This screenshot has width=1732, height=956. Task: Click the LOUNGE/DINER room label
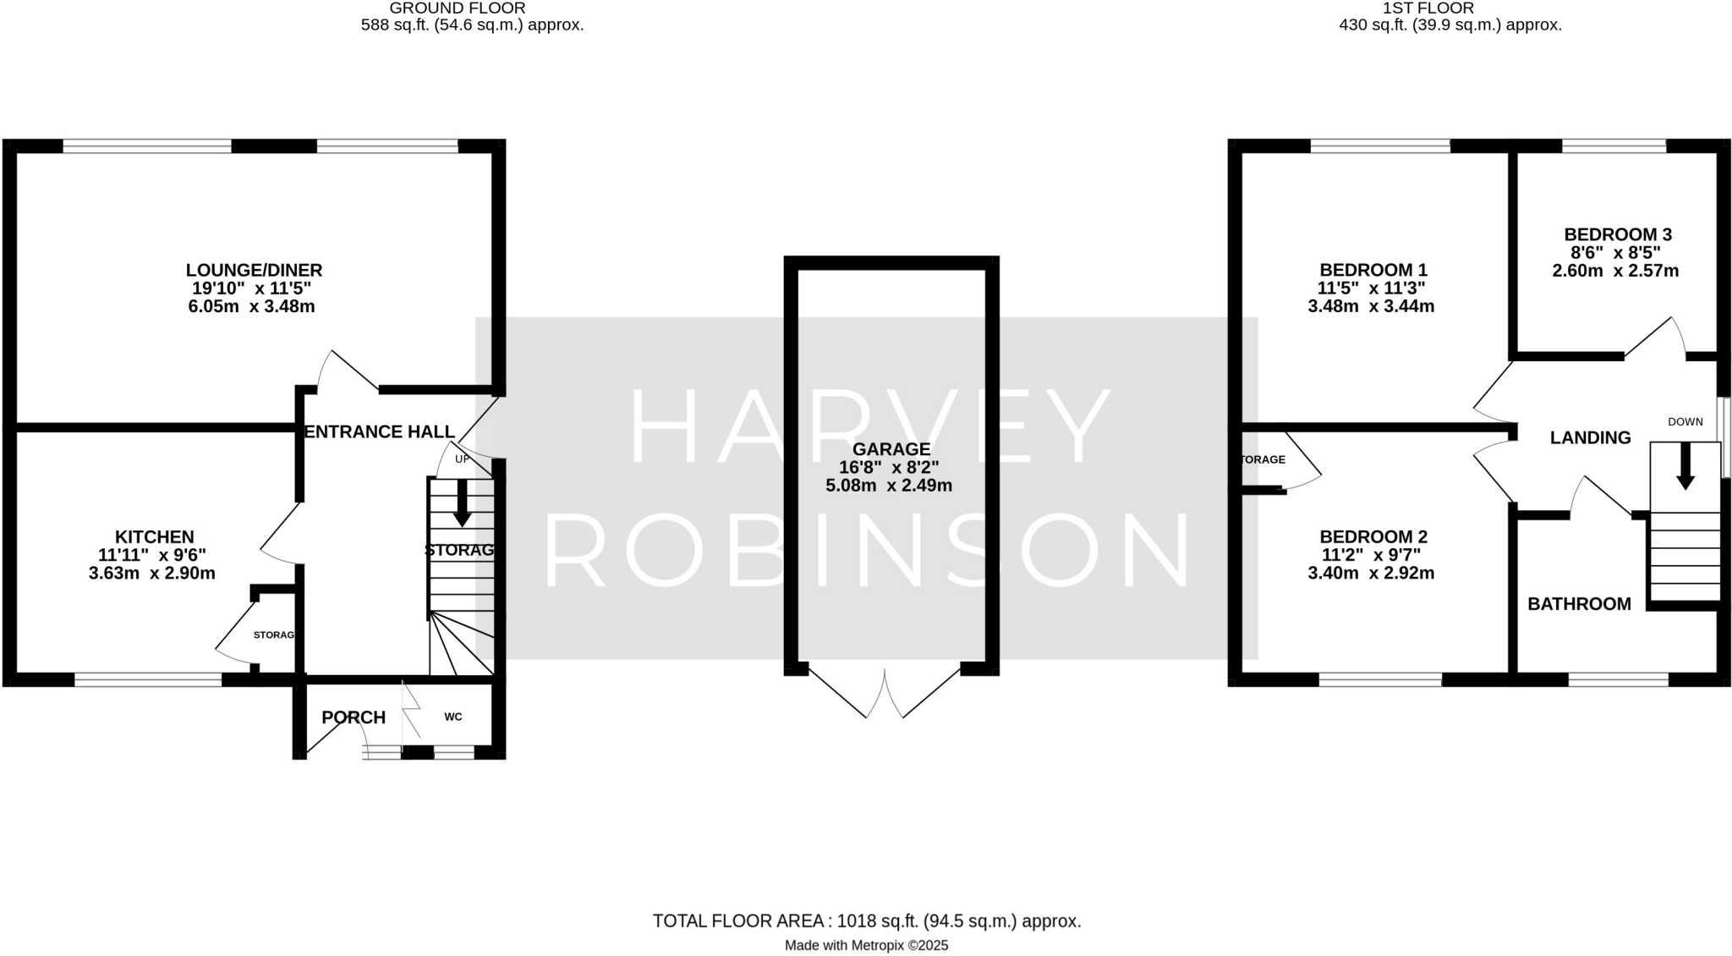[x=254, y=270]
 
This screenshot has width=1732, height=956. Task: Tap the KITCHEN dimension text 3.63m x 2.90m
[x=152, y=574]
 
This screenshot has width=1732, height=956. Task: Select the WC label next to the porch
[x=453, y=717]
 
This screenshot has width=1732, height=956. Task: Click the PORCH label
[x=354, y=717]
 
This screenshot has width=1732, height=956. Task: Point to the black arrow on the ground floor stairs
[x=462, y=504]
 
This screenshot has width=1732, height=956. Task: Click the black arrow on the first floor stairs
[x=1685, y=467]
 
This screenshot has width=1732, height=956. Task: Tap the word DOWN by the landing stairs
[x=1685, y=421]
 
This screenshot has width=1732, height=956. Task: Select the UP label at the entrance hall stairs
[x=462, y=459]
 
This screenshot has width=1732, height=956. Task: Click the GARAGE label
[x=891, y=449]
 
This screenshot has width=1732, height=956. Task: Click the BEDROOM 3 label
[x=1617, y=234]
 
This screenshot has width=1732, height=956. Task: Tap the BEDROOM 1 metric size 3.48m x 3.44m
[x=1371, y=306]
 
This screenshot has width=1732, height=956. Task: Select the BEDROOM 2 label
[x=1373, y=536]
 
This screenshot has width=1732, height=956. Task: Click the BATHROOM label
[x=1578, y=604]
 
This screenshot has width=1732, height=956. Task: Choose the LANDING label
[x=1590, y=437]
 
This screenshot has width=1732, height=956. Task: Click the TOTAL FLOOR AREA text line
[x=866, y=921]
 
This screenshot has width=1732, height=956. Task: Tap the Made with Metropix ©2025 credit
[x=866, y=946]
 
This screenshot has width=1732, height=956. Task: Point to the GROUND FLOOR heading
[x=457, y=8]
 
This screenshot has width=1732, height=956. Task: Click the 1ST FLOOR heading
[x=1451, y=8]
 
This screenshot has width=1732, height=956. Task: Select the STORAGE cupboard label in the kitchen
[x=274, y=635]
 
